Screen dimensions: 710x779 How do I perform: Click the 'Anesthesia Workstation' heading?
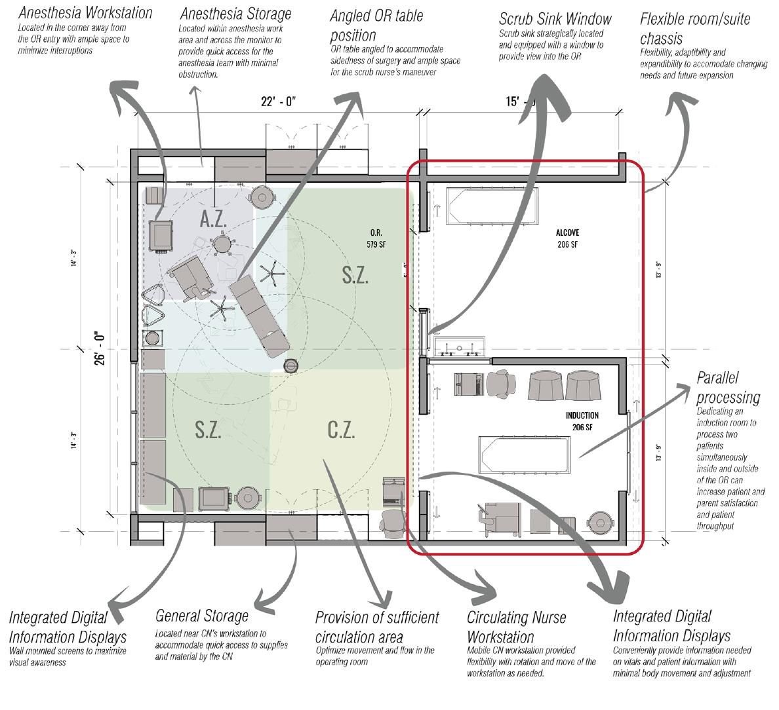pyautogui.click(x=85, y=12)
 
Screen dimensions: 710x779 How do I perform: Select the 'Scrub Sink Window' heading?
pyautogui.click(x=555, y=18)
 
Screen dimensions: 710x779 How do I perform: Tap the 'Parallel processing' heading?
pyautogui.click(x=728, y=388)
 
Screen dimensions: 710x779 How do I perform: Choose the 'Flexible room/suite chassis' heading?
pyautogui.click(x=694, y=28)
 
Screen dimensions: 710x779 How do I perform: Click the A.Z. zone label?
pyautogui.click(x=213, y=219)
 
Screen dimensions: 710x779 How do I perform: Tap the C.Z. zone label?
pyautogui.click(x=341, y=430)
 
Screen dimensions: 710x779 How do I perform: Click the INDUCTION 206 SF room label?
pyautogui.click(x=582, y=420)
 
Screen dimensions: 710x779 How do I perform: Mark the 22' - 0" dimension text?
pyautogui.click(x=279, y=102)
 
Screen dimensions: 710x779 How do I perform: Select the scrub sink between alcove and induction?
pyautogui.click(x=458, y=346)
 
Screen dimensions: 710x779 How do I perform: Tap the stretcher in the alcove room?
pyautogui.click(x=492, y=206)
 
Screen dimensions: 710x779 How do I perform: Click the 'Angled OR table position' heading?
pyautogui.click(x=376, y=25)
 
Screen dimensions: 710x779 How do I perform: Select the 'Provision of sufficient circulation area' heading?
pyautogui.click(x=377, y=627)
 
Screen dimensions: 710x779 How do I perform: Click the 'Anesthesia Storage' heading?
pyautogui.click(x=235, y=13)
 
